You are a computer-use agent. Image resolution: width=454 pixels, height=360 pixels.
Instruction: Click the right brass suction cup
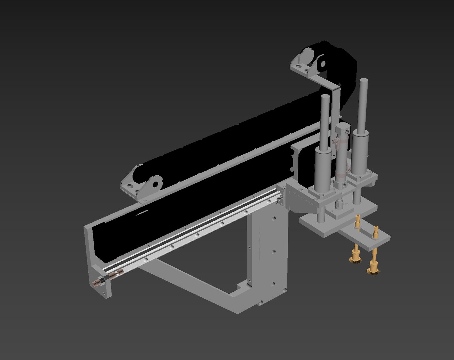(373, 268)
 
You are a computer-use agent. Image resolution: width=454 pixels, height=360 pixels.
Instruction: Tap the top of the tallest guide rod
(363, 81)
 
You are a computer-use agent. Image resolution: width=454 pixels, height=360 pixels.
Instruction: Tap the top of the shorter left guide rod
(325, 97)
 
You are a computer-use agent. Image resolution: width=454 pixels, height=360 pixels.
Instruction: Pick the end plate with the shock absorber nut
(100, 277)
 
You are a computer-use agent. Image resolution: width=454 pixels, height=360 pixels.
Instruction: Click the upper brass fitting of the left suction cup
(358, 222)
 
